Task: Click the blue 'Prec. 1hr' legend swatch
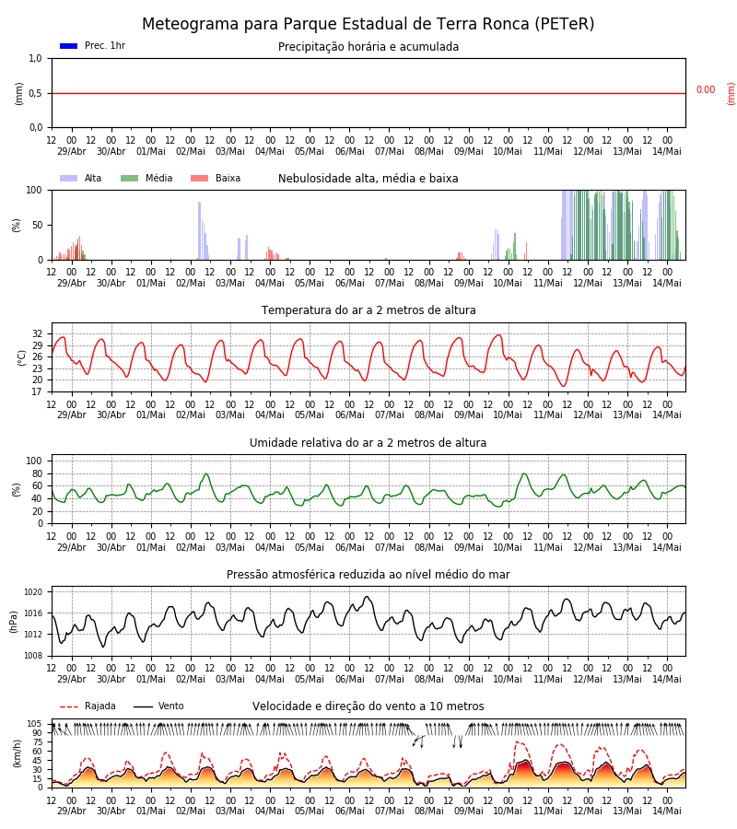[69, 46]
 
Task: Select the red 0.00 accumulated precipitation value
[706, 90]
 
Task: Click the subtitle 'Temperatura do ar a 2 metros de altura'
[368, 310]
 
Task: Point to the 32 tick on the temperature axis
[37, 334]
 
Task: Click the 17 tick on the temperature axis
[37, 391]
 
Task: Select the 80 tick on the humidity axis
[37, 473]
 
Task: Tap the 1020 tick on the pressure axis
[33, 592]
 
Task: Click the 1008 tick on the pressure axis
[33, 656]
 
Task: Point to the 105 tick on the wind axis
[35, 724]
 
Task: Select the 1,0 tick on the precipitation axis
[35, 59]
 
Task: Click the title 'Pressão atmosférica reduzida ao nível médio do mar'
[368, 575]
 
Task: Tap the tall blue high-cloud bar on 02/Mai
[199, 230]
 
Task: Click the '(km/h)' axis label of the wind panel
[18, 753]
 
